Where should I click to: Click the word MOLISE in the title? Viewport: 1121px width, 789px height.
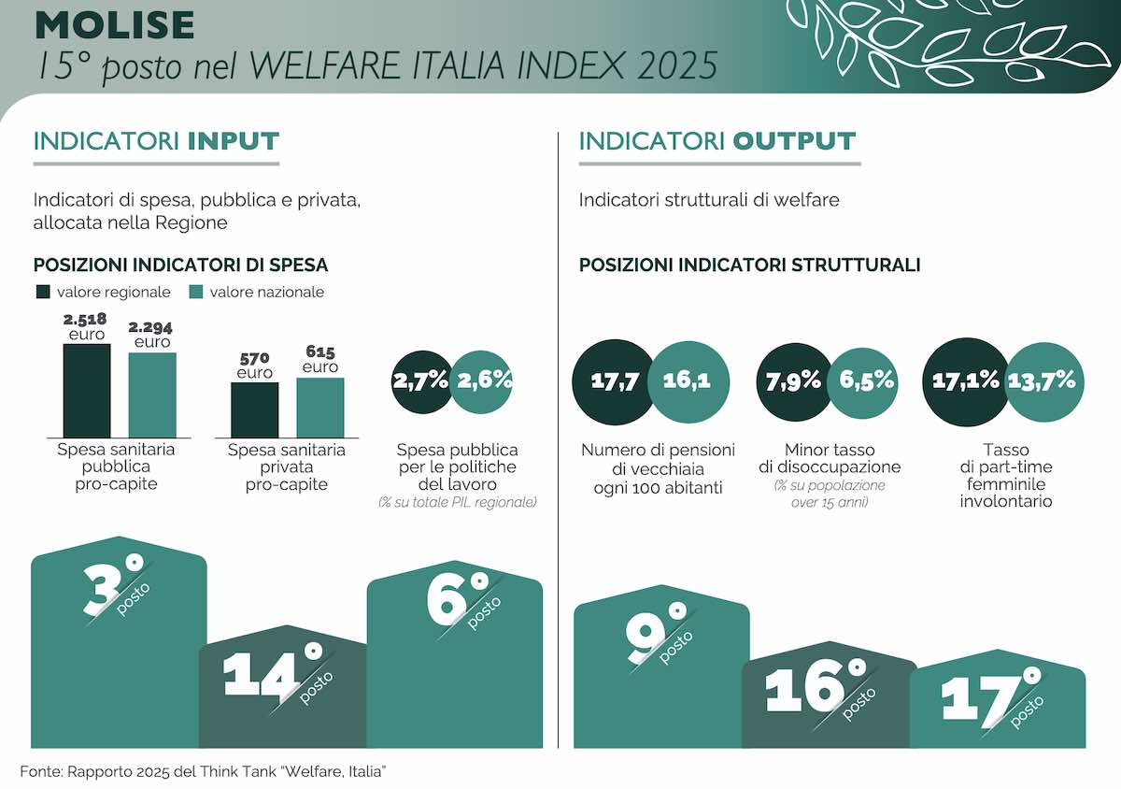coord(115,25)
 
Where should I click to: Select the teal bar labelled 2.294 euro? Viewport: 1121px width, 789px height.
coord(152,394)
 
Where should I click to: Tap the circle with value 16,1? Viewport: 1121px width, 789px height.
coord(688,380)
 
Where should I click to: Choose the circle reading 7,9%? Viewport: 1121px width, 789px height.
coord(792,380)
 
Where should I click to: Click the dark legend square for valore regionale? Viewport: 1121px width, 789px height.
coord(44,292)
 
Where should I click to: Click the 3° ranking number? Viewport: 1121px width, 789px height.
coord(112,585)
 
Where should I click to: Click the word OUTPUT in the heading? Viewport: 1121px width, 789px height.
coord(794,141)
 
